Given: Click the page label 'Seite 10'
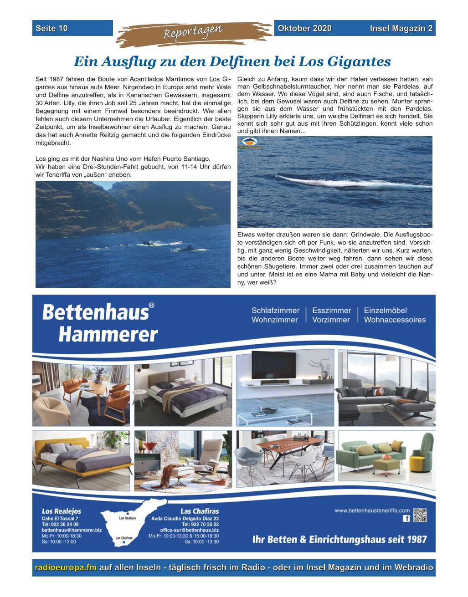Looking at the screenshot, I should [x=51, y=28].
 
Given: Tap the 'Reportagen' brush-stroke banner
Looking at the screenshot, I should [x=193, y=33].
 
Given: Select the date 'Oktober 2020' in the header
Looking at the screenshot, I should [x=304, y=28].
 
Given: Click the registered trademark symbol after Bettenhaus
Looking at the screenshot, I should [x=152, y=306].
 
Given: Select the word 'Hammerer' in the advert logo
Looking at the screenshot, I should [x=108, y=335].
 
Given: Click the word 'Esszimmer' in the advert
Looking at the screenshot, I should [x=331, y=311].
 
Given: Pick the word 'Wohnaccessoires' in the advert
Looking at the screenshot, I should [x=395, y=320].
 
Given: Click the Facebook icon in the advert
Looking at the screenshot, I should [x=406, y=518].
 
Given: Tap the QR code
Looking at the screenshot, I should [x=420, y=515].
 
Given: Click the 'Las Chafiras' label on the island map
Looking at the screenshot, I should [x=124, y=538].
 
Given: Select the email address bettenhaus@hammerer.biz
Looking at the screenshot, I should [x=72, y=530].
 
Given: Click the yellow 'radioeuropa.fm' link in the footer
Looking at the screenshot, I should [x=66, y=567].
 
